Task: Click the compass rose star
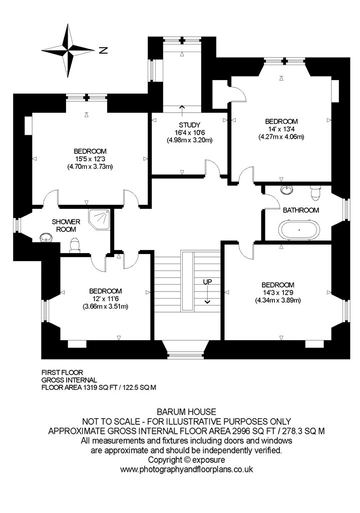[68, 51]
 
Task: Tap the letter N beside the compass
[103, 51]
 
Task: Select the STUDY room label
[189, 125]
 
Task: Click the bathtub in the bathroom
[299, 229]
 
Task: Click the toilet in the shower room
[75, 245]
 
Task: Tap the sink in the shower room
[45, 237]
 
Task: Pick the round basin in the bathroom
[287, 189]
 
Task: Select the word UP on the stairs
[207, 282]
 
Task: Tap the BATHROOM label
[301, 210]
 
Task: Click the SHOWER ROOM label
[66, 225]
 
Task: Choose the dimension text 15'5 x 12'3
[90, 159]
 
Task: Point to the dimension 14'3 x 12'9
[278, 293]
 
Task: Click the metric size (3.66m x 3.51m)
[105, 307]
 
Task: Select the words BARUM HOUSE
[187, 412]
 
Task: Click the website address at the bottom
[187, 469]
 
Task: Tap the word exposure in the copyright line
[208, 460]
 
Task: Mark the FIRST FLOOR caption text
[63, 372]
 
